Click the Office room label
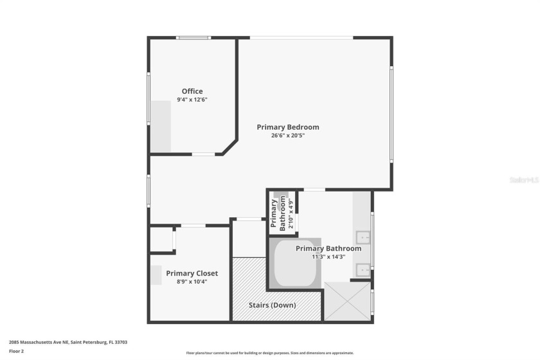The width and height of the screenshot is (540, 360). click(x=192, y=91)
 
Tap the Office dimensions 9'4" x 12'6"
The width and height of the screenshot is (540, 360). click(x=192, y=100)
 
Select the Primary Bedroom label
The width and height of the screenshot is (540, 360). click(x=288, y=127)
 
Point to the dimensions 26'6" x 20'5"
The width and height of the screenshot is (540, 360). click(x=288, y=136)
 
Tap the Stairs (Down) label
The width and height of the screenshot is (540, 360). click(x=273, y=305)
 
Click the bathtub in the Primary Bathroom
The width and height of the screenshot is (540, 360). click(x=295, y=264)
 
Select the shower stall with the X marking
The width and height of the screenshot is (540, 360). click(x=347, y=300)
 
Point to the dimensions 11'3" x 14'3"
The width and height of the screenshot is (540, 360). click(x=328, y=256)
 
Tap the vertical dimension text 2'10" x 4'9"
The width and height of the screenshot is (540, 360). click(x=291, y=215)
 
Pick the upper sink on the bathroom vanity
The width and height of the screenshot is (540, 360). click(x=363, y=235)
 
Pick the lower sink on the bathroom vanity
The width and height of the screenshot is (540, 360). click(x=363, y=270)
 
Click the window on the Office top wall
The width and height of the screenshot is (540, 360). click(x=194, y=37)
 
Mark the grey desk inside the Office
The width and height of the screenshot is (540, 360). click(x=161, y=126)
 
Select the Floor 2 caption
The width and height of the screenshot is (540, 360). click(x=17, y=351)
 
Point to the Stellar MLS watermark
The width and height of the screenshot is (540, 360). click(x=523, y=181)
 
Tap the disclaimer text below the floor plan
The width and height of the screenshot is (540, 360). click(x=270, y=353)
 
